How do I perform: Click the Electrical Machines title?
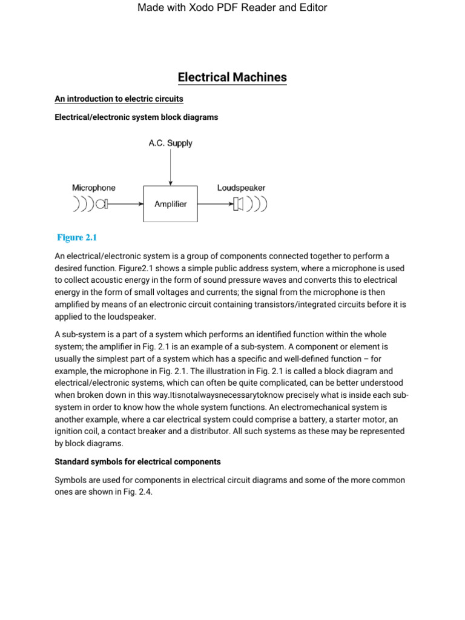pyautogui.click(x=232, y=77)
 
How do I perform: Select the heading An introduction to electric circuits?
pyautogui.click(x=119, y=98)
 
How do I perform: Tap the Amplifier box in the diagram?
pyautogui.click(x=170, y=205)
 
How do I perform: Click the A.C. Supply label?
pyautogui.click(x=170, y=143)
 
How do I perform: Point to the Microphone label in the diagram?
pyautogui.click(x=94, y=188)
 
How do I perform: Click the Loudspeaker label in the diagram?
pyautogui.click(x=241, y=188)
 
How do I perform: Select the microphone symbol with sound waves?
pyautogui.click(x=91, y=204)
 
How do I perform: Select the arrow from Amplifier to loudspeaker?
pyautogui.click(x=214, y=205)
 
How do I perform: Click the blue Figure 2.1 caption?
pyautogui.click(x=77, y=237)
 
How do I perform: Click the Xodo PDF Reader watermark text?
pyautogui.click(x=232, y=8)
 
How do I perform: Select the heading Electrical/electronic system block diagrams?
pyautogui.click(x=136, y=117)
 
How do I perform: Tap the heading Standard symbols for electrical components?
pyautogui.click(x=137, y=461)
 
